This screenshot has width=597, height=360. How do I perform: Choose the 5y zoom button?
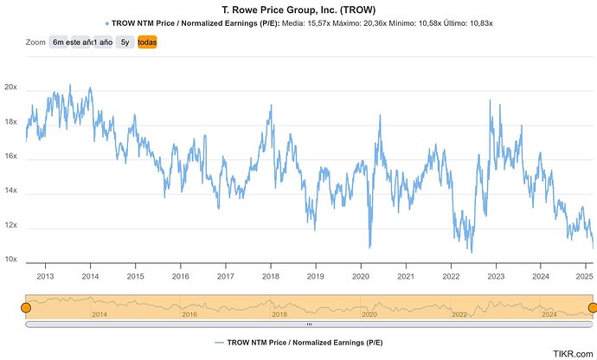(x=125, y=41)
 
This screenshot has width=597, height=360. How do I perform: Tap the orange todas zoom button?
(x=147, y=41)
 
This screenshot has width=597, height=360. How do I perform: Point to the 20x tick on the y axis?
(x=10, y=89)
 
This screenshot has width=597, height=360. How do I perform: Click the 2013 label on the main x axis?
(x=46, y=277)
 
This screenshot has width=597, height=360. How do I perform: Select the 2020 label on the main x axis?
(x=360, y=277)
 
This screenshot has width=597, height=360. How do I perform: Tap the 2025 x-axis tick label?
(x=584, y=277)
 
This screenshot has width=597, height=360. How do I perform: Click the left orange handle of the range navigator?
(x=25, y=307)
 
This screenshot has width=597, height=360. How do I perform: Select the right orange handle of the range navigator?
(x=593, y=307)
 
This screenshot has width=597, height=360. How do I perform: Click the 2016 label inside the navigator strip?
(x=189, y=314)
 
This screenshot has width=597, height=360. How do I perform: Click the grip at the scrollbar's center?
(x=309, y=325)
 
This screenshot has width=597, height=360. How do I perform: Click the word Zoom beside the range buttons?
(x=35, y=41)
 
